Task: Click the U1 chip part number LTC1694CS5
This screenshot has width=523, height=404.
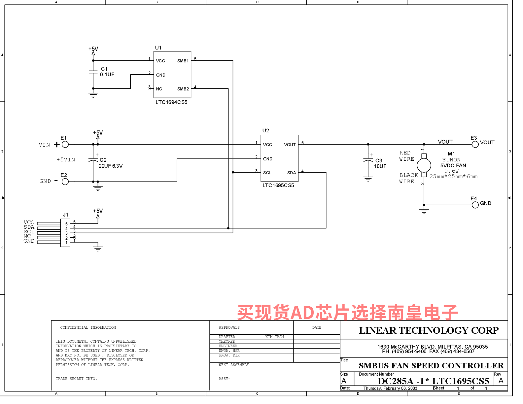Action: [x=171, y=102]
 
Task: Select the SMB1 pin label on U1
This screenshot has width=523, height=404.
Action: [x=183, y=61]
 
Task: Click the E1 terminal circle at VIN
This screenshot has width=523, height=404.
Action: [x=65, y=145]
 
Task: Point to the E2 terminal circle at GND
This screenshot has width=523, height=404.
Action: [x=65, y=182]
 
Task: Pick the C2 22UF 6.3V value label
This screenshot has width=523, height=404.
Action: [x=111, y=166]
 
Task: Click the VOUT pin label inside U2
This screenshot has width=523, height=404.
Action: [x=290, y=145]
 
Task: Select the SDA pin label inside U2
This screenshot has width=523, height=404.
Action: [x=292, y=173]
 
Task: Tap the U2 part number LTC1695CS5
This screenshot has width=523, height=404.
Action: [x=278, y=185]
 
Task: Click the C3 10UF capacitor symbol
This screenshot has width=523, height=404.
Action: [x=368, y=161]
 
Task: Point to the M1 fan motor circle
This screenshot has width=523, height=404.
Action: [x=424, y=165]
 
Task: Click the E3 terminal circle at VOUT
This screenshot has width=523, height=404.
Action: [x=475, y=145]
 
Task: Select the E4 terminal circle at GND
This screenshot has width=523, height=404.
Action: [x=475, y=205]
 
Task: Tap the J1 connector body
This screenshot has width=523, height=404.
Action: [x=65, y=233]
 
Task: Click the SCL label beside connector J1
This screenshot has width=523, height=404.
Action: [x=29, y=232]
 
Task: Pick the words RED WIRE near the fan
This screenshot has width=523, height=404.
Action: [x=406, y=156]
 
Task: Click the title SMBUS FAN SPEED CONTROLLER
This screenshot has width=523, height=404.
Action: [x=431, y=366]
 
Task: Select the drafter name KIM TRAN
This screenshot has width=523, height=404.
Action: [x=274, y=337]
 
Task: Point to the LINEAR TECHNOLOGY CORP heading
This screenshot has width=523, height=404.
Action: [x=429, y=330]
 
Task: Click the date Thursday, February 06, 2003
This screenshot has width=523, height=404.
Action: [x=390, y=388]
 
